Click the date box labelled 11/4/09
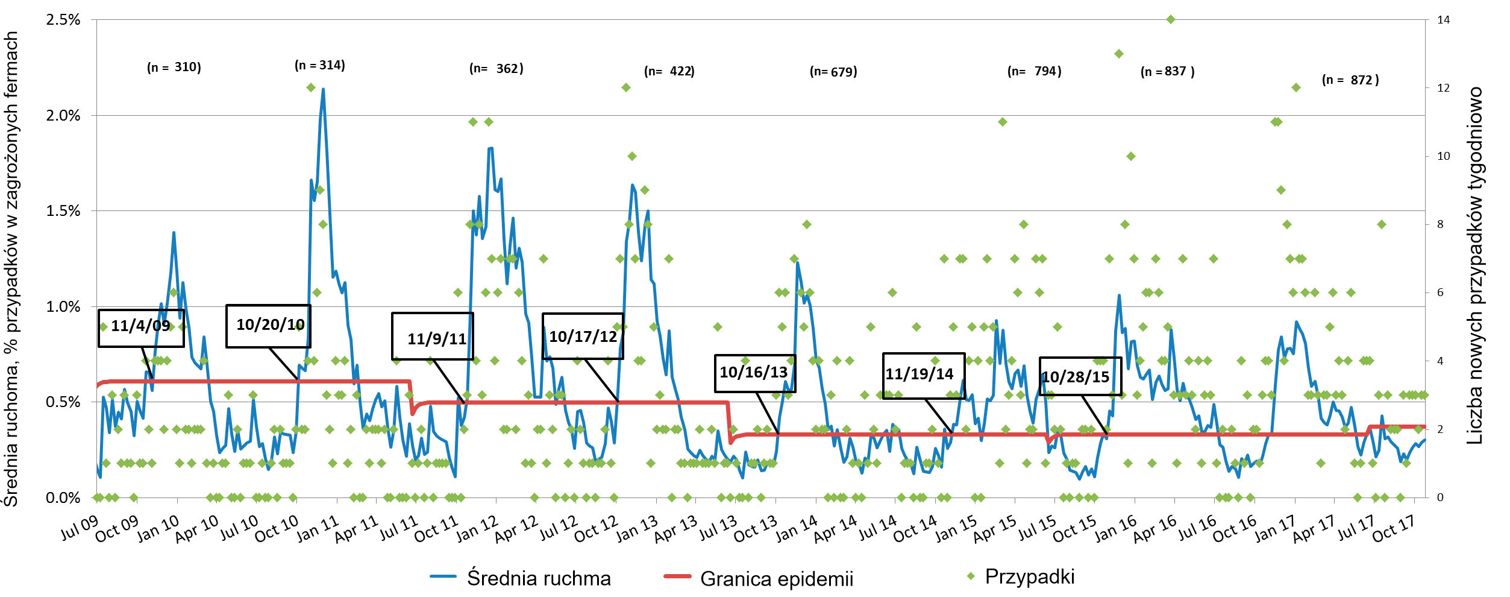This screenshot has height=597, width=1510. (141, 327)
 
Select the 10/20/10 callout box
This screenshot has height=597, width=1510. (269, 326)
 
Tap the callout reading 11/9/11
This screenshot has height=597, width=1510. (433, 336)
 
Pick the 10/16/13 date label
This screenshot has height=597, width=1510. (754, 373)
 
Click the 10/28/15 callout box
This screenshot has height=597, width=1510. (1080, 377)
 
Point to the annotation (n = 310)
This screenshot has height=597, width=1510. (174, 67)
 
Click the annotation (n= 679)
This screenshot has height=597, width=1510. (833, 72)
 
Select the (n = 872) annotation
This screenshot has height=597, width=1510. (1350, 80)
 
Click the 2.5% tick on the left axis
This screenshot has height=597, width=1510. (63, 20)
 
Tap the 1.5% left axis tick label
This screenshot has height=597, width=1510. (63, 211)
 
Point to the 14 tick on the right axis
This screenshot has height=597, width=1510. (1443, 20)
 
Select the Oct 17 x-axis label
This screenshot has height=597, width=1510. (1393, 529)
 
